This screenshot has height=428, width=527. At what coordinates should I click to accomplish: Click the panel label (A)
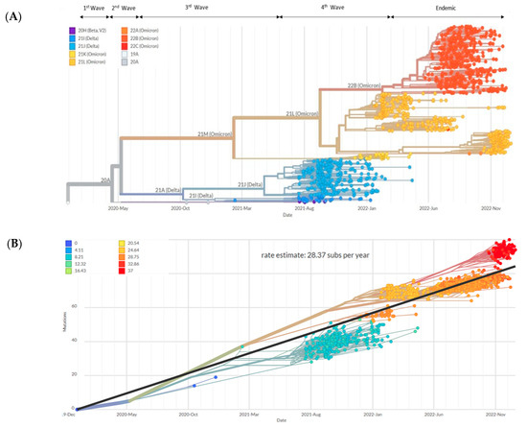pyautogui.click(x=14, y=14)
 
